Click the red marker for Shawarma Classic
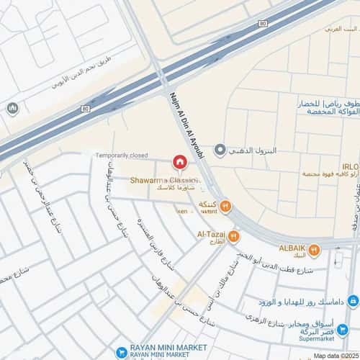tap(181, 163)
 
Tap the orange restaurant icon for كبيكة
tap(225, 207)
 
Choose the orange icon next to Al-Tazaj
tap(235, 235)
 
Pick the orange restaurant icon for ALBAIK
tap(314, 250)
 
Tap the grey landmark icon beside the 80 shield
tap(12, 109)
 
